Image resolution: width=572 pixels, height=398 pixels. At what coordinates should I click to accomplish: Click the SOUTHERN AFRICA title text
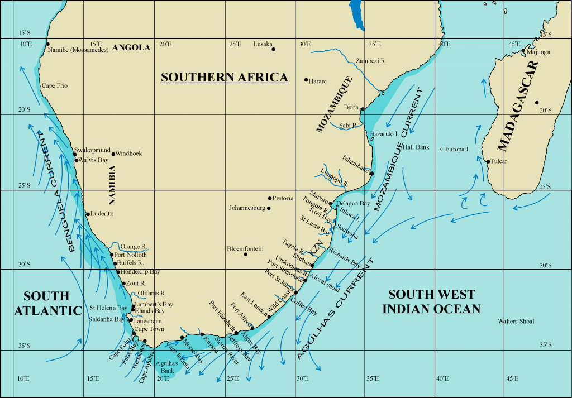click(224, 77)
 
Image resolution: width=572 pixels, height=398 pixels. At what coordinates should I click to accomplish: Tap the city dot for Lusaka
click(274, 49)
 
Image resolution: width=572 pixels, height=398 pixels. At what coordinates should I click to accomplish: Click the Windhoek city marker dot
click(113, 154)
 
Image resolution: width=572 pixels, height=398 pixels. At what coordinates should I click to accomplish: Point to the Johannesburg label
click(247, 208)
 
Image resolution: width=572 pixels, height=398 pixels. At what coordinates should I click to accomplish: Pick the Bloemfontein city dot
click(245, 255)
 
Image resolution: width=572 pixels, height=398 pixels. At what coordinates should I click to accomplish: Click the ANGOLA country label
click(131, 47)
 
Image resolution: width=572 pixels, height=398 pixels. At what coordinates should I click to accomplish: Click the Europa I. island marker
click(441, 149)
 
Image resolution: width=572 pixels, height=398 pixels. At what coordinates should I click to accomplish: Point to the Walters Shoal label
click(516, 321)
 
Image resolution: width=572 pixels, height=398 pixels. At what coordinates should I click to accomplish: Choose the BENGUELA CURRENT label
click(55, 190)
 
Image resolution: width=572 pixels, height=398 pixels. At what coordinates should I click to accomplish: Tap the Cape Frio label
click(55, 86)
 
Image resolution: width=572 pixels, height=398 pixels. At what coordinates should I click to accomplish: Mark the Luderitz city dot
click(88, 214)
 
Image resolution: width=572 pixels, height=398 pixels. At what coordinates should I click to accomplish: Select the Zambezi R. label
click(371, 60)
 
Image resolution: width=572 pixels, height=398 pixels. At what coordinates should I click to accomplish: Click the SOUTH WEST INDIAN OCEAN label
click(432, 301)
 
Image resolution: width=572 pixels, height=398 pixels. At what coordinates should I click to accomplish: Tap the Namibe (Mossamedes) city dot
click(48, 44)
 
